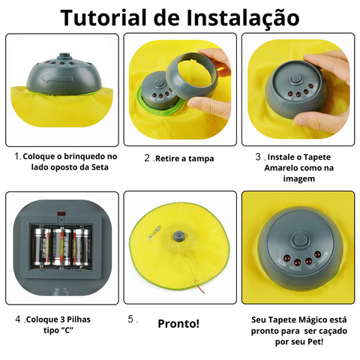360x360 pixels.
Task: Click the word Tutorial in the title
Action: point(103,17)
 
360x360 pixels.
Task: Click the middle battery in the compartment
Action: point(61,246)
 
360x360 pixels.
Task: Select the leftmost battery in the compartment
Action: point(42,246)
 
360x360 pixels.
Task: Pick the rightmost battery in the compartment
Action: point(81,247)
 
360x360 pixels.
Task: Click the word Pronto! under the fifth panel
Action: point(178,323)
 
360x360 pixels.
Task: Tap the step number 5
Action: point(131,319)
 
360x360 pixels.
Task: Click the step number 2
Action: point(147,158)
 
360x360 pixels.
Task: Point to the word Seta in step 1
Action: point(100,167)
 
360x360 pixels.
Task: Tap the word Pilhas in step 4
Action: point(78,319)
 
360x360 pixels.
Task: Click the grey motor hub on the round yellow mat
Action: point(179,235)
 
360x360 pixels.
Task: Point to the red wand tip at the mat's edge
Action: point(201,289)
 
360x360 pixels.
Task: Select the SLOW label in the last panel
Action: point(282,262)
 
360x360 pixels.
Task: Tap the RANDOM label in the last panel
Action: point(325,258)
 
